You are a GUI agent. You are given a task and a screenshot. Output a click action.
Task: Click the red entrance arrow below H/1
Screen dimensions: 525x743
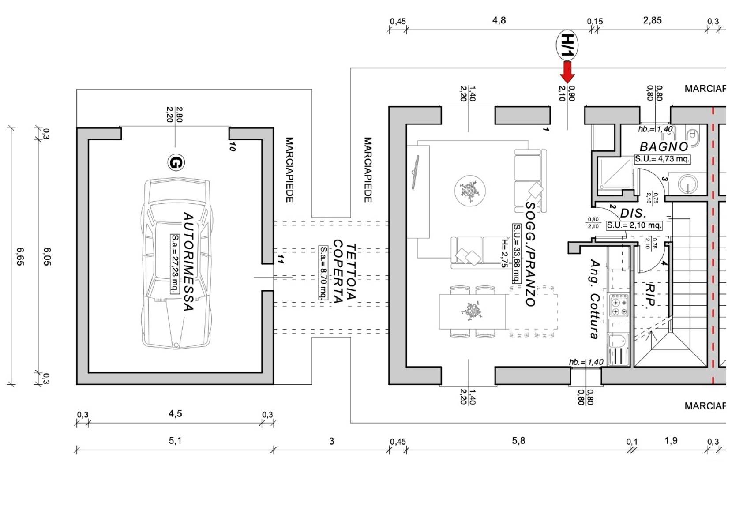tap(567, 72)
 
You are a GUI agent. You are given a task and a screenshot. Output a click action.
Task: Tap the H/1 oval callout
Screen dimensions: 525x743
tap(567, 45)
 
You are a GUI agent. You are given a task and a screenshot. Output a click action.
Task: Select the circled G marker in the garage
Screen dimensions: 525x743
tap(176, 163)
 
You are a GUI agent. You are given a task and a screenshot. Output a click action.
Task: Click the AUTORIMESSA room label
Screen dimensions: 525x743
tap(188, 261)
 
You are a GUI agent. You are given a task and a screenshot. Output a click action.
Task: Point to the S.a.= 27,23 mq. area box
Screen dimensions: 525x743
tap(175, 264)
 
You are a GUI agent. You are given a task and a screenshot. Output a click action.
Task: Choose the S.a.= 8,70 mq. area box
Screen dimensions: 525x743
tap(323, 273)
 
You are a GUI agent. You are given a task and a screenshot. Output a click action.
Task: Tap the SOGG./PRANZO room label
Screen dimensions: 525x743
tap(530, 254)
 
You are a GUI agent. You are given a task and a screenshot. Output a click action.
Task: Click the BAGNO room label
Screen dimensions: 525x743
tap(664, 146)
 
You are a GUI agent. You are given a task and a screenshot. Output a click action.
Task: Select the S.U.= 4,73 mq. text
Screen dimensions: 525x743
tap(662, 159)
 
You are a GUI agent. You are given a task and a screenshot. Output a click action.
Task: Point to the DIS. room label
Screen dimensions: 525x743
tap(633, 214)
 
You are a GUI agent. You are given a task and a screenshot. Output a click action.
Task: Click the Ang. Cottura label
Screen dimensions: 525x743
tap(595, 299)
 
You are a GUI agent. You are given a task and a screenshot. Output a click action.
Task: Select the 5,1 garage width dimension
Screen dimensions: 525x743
tap(175, 440)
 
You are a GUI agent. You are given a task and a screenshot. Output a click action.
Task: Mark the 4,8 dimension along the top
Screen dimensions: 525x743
tap(499, 20)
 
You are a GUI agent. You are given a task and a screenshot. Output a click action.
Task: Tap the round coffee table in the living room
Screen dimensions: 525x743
tap(470, 191)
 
